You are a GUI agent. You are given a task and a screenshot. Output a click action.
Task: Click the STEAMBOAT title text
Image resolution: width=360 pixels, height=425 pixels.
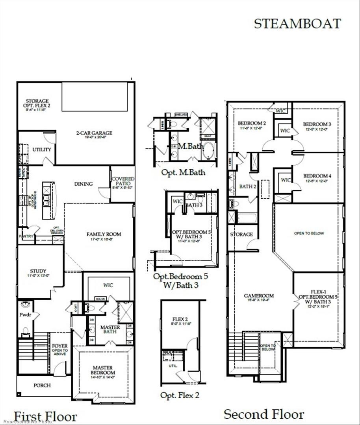tap(297, 24)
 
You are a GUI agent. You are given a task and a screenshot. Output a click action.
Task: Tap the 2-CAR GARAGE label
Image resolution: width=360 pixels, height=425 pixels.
tap(94, 133)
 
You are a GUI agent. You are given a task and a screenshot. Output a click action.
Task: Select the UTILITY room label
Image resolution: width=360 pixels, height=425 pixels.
tap(42, 150)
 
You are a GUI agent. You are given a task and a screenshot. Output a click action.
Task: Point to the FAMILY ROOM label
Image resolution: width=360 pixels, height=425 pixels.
tap(104, 234)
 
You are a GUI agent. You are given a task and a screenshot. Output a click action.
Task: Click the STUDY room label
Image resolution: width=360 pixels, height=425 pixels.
tap(38, 271)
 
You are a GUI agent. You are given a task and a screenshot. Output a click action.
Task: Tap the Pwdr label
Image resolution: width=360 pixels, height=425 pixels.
tap(25, 315)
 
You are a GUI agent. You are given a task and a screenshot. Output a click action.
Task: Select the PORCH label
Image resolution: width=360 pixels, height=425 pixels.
tap(42, 385)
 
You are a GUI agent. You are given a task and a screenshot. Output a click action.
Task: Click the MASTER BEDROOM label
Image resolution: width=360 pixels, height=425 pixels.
tap(103, 370)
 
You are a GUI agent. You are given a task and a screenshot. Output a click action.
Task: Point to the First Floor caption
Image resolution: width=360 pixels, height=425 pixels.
tap(45, 416)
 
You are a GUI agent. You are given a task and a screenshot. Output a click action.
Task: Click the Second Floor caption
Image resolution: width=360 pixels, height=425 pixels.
tap(264, 414)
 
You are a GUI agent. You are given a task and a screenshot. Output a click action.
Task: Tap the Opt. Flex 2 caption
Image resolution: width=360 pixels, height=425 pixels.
tap(180, 395)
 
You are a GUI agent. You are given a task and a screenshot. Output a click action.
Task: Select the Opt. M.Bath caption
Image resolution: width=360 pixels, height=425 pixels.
tap(183, 172)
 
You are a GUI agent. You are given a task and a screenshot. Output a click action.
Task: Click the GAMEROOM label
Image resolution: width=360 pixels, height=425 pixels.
tap(259, 296)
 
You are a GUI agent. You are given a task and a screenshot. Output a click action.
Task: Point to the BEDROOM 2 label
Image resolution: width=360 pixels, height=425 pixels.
tap(248, 124)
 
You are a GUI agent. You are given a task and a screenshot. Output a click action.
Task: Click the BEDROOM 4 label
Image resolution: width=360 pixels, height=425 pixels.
tap(317, 176)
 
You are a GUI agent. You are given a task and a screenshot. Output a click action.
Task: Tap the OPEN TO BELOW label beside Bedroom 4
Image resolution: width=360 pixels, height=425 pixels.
tap(309, 233)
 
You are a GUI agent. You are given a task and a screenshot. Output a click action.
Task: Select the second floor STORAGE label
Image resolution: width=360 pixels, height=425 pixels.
tap(241, 234)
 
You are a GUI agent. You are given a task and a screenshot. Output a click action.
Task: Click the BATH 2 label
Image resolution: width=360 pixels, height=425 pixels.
tap(248, 186)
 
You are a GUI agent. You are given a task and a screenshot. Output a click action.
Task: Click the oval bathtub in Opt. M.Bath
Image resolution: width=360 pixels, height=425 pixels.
tap(208, 150)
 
